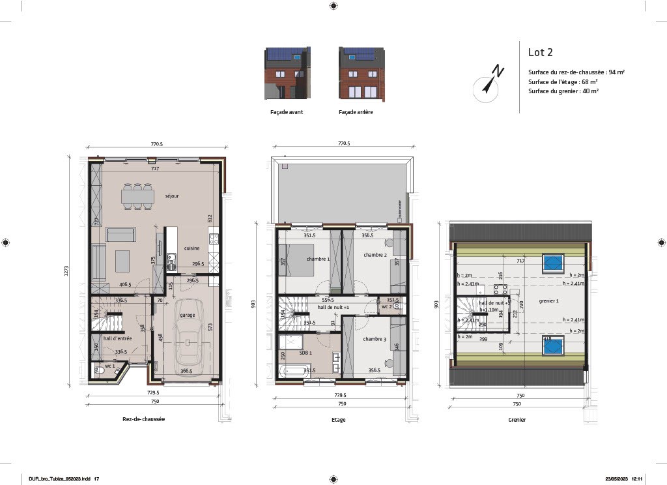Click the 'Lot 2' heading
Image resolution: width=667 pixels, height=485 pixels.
pos(540,52)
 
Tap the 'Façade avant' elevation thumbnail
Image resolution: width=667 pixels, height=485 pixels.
pos(287,73)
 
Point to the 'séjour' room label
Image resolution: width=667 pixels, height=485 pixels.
pos(172,196)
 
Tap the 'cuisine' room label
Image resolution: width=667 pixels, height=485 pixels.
pos(192,248)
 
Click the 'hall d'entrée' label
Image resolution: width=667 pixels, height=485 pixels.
pos(118,338)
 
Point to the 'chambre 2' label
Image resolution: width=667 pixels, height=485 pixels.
pos(375,255)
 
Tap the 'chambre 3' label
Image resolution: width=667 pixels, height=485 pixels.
pos(375,339)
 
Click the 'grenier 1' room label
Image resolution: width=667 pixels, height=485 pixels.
pos(548,301)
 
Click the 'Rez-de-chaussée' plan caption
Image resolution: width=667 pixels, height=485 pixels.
pos(143,419)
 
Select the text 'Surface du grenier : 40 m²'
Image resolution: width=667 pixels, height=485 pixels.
pos(563,91)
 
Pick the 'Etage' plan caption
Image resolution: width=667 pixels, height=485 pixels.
pos(338,419)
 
